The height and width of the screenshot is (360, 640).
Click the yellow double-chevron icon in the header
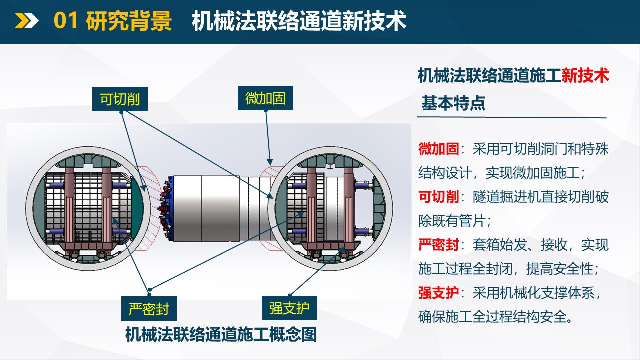pyautogui.click(x=26, y=21)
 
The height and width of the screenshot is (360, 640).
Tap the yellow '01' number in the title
pyautogui.click(x=65, y=21)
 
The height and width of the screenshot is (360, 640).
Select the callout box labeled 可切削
pyautogui.click(x=120, y=99)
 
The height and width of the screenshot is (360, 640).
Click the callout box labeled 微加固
pyautogui.click(x=265, y=98)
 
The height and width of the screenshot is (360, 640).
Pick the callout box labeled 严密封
pyautogui.click(x=149, y=308)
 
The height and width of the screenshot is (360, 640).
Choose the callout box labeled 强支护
pyautogui.click(x=289, y=308)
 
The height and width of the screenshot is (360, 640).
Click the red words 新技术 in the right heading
pyautogui.click(x=585, y=76)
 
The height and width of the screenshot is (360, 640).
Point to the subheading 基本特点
pyautogui.click(x=453, y=103)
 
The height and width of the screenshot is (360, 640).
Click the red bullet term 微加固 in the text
pyautogui.click(x=438, y=149)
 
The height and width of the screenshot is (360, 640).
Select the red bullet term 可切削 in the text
pyautogui.click(x=438, y=197)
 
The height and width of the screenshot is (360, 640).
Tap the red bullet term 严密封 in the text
pyautogui.click(x=438, y=245)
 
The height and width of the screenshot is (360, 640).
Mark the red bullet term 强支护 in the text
pyautogui.click(x=438, y=293)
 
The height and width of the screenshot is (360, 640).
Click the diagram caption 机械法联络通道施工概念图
pyautogui.click(x=221, y=335)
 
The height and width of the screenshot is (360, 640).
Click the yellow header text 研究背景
pyautogui.click(x=129, y=21)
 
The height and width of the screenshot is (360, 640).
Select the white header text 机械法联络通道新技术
pyautogui.click(x=299, y=21)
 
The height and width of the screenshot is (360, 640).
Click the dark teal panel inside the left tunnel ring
pyautogui.click(x=137, y=208)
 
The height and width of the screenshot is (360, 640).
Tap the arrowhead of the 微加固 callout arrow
pyautogui.click(x=270, y=162)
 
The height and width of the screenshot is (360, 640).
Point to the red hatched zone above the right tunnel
pyautogui.click(x=269, y=173)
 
